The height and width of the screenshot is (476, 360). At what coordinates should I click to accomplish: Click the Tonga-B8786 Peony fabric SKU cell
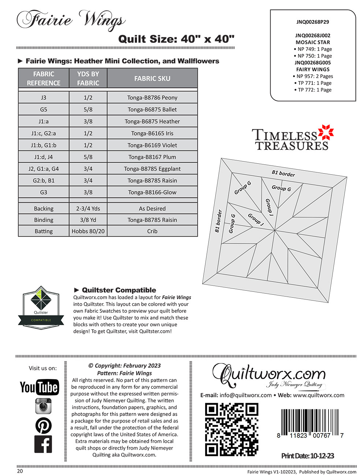coord(152,98)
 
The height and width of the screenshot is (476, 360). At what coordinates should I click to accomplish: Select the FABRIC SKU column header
coord(152,78)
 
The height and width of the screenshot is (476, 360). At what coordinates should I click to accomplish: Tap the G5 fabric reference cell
coord(44,109)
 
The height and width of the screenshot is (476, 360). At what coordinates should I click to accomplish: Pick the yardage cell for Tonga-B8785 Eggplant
coord(88,169)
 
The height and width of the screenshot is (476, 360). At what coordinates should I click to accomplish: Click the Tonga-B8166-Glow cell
coord(152,192)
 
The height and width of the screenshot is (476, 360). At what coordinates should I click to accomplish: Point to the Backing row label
coord(44,209)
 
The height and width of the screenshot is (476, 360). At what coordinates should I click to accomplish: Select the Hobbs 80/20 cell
coord(88,231)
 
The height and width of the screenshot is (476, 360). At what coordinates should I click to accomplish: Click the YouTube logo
coord(39,387)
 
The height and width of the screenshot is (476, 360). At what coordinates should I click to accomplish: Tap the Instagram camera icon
coord(43,406)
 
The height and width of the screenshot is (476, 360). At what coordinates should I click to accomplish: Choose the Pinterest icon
coord(43,425)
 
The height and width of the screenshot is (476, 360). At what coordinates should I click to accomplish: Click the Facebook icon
coord(43,444)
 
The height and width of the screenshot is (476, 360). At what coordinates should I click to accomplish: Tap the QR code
coord(231,429)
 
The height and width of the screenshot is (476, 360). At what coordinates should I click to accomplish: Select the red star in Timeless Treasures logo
coord(326,132)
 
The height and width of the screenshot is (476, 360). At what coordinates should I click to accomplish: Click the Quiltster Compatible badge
coord(41,308)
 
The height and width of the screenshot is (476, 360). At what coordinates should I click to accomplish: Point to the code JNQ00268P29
coord(312,22)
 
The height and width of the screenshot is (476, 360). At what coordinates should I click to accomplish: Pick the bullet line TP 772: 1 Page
coord(313,90)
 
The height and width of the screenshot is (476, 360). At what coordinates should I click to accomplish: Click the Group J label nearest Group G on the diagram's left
coord(256,220)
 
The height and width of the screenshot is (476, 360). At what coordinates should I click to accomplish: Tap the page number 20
coord(20,471)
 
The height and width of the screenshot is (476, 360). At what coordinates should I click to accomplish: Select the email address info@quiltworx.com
coord(245,395)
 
